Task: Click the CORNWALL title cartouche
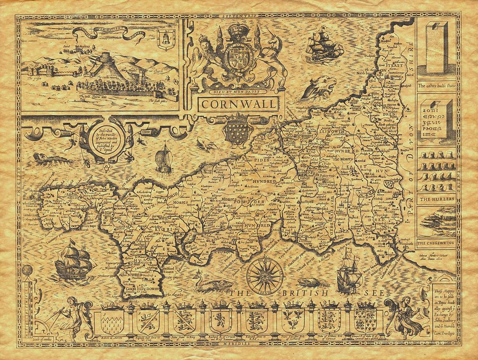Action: [239, 104]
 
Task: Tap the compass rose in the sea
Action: [264, 275]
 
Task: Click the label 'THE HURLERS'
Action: [436, 199]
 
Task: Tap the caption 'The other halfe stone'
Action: [436, 86]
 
